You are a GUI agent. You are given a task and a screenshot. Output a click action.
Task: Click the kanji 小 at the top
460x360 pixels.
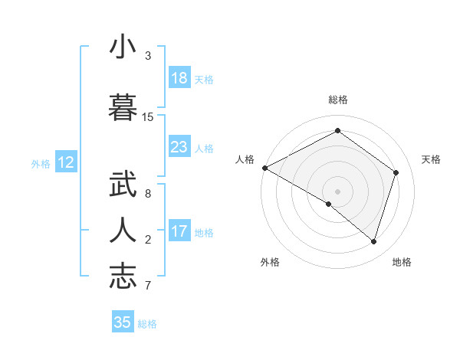click(x=123, y=47)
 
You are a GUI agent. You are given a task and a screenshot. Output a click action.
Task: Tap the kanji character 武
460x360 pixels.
click(x=123, y=186)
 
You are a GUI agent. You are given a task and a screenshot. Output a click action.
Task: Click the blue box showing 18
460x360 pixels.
click(x=179, y=78)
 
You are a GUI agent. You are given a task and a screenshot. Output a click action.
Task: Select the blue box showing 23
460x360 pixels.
click(x=179, y=147)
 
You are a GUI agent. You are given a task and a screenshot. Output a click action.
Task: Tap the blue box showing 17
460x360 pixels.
click(x=179, y=231)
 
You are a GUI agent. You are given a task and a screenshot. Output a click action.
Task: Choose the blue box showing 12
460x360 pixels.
click(x=65, y=162)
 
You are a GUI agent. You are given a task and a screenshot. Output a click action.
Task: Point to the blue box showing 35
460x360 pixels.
click(x=123, y=322)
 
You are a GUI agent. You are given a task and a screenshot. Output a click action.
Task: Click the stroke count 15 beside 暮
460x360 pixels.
click(x=148, y=116)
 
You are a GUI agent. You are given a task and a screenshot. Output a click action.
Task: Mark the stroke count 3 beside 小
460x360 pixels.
click(x=148, y=55)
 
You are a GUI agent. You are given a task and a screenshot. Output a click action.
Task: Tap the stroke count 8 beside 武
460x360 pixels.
click(x=148, y=193)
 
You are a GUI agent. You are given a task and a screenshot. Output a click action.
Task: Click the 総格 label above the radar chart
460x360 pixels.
click(x=338, y=100)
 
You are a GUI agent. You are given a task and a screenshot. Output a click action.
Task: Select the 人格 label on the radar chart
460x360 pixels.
click(x=245, y=159)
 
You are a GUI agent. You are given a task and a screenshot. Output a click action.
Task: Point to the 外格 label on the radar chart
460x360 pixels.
click(x=270, y=262)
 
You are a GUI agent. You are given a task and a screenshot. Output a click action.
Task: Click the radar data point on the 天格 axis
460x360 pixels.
click(x=396, y=172)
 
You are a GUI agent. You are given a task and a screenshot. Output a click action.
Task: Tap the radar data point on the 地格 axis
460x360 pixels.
click(x=374, y=241)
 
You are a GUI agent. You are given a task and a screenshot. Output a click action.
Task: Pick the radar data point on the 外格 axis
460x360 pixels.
click(x=329, y=204)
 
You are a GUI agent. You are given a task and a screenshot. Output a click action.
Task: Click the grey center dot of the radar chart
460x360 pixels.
click(x=337, y=191)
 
